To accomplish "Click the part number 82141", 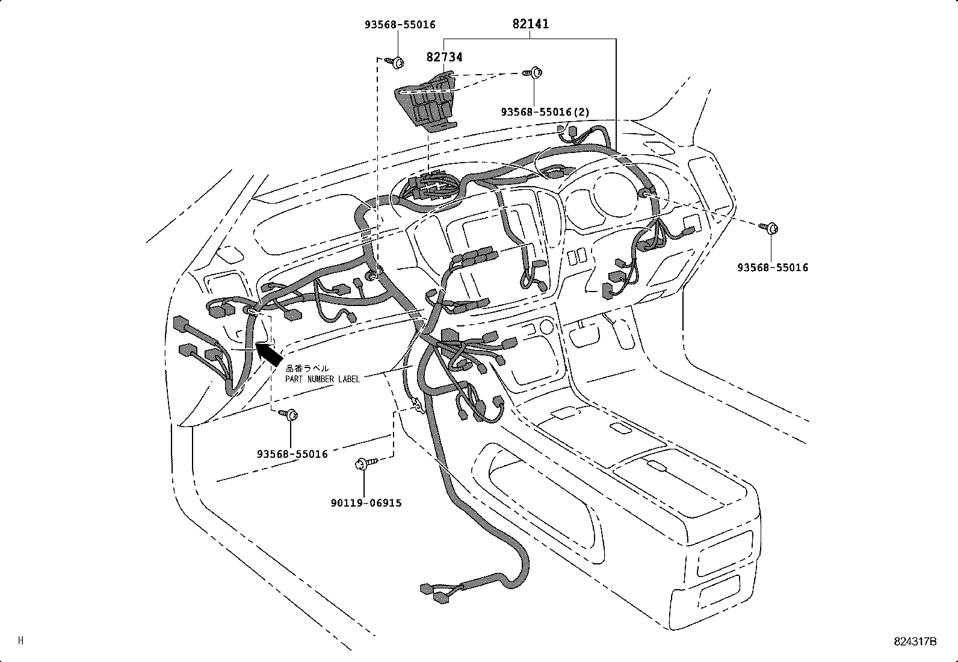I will point(530,24).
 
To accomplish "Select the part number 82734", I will point(444,57).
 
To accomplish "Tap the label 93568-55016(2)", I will point(545,112).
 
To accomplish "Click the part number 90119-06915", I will point(365,502).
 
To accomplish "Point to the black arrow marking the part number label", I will point(268,354).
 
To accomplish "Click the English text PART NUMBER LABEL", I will point(323,379).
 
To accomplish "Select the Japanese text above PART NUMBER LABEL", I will point(307,368).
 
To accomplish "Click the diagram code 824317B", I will point(915,641).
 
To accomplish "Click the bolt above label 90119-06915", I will point(365,464).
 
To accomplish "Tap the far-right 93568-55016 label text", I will point(773,267).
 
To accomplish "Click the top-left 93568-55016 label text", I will point(400,25).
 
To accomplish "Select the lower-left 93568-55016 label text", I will point(292,454).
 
